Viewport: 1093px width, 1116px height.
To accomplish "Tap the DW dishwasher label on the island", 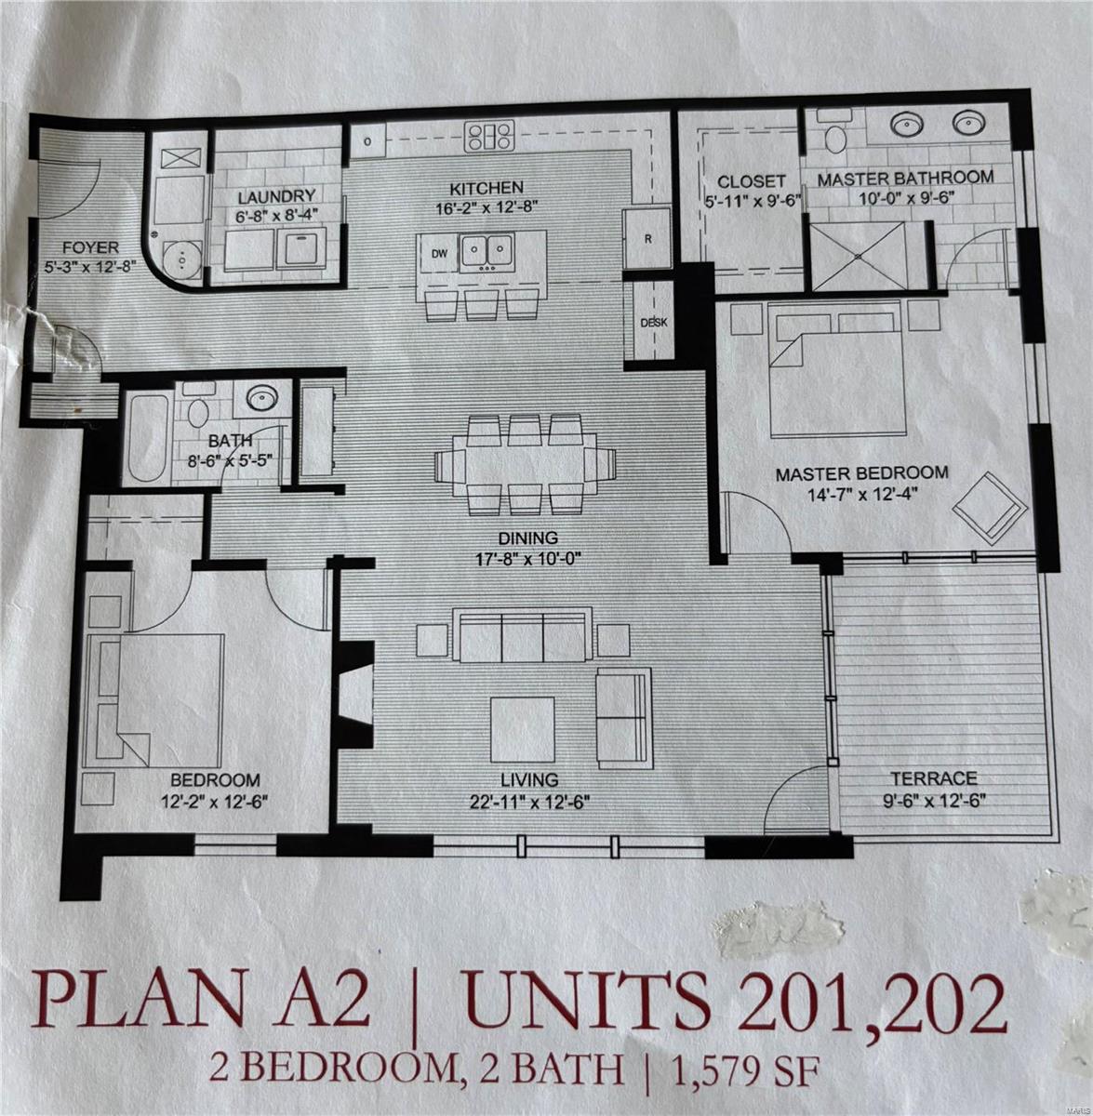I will pyautogui.click(x=439, y=253).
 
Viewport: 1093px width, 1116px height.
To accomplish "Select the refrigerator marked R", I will pyautogui.click(x=647, y=238).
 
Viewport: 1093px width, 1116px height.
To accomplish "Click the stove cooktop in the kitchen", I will pyautogui.click(x=489, y=137).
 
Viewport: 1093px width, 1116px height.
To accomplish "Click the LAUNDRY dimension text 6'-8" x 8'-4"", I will pyautogui.click(x=276, y=215).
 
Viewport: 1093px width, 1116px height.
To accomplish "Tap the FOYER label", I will pyautogui.click(x=90, y=247).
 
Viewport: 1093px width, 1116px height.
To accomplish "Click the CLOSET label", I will pyautogui.click(x=752, y=181).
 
